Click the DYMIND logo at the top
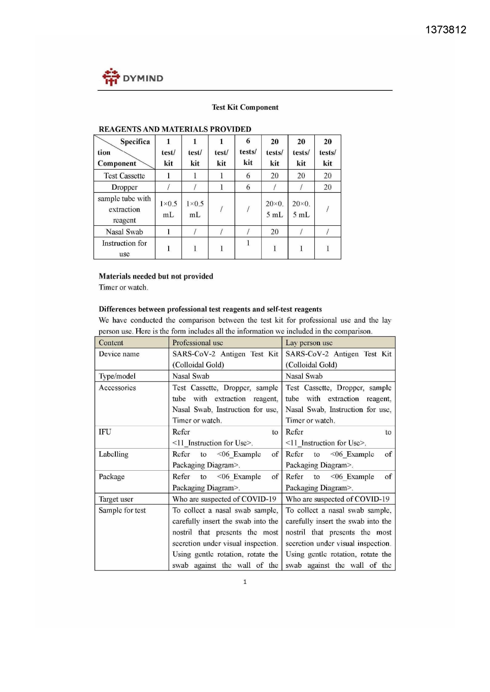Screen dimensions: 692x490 [x=132, y=77]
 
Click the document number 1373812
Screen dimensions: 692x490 [x=446, y=30]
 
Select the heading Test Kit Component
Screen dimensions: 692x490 [x=245, y=107]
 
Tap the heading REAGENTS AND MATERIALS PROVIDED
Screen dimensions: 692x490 [x=175, y=129]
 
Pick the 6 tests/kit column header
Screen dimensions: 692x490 [x=248, y=152]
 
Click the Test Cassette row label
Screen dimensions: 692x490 [x=124, y=176]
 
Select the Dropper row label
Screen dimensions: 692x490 [x=124, y=187]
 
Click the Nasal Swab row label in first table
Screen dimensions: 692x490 [x=124, y=232]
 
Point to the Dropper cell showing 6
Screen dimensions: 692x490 [x=248, y=187]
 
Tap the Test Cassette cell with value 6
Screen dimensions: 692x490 [x=248, y=176]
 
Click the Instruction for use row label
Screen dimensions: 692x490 [x=124, y=248]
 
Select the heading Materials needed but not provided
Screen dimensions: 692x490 [x=156, y=276]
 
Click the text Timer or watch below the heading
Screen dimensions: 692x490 [x=123, y=287]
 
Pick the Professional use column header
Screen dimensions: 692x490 [x=198, y=342]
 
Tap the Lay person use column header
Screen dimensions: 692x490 [x=309, y=342]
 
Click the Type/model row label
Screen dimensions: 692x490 [x=117, y=376]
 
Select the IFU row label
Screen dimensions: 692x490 [x=105, y=432]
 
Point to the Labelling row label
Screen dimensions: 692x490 [x=113, y=454]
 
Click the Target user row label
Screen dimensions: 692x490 [x=116, y=499]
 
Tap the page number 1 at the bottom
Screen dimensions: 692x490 [x=245, y=582]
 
